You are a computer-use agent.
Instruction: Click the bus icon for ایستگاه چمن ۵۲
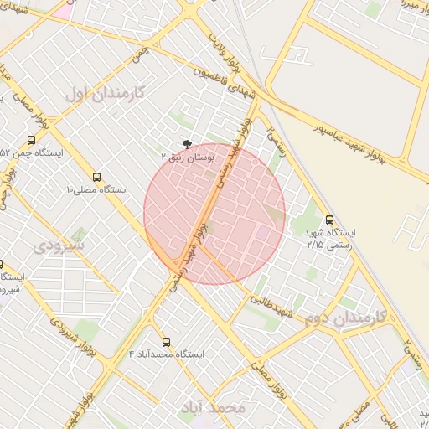pos(31,141)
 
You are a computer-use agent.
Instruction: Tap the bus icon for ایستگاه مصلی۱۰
pos(97,178)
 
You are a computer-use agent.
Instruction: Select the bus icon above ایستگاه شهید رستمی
pos(328,220)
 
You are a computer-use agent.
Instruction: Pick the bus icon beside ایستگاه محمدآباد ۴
pos(167,342)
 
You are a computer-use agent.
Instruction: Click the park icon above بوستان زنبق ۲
pos(186,144)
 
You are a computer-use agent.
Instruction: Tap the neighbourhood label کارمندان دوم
pos(344,318)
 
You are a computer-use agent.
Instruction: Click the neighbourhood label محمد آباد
pos(215,407)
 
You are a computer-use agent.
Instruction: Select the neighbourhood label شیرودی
pos(59,246)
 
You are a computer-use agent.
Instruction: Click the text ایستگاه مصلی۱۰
pos(97,190)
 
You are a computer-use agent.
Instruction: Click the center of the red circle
pos(214,214)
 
